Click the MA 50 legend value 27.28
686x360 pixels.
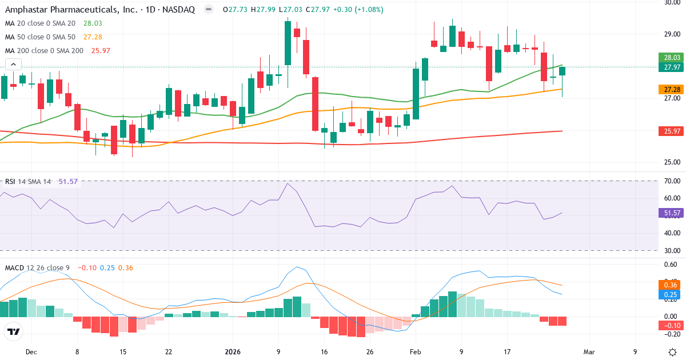(x=93, y=37)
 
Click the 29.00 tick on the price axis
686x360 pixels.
(x=671, y=34)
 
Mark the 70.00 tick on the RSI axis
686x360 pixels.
(x=671, y=181)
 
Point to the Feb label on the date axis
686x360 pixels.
(x=416, y=352)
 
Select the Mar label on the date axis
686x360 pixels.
(x=589, y=352)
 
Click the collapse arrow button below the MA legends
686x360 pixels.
(x=13, y=65)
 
